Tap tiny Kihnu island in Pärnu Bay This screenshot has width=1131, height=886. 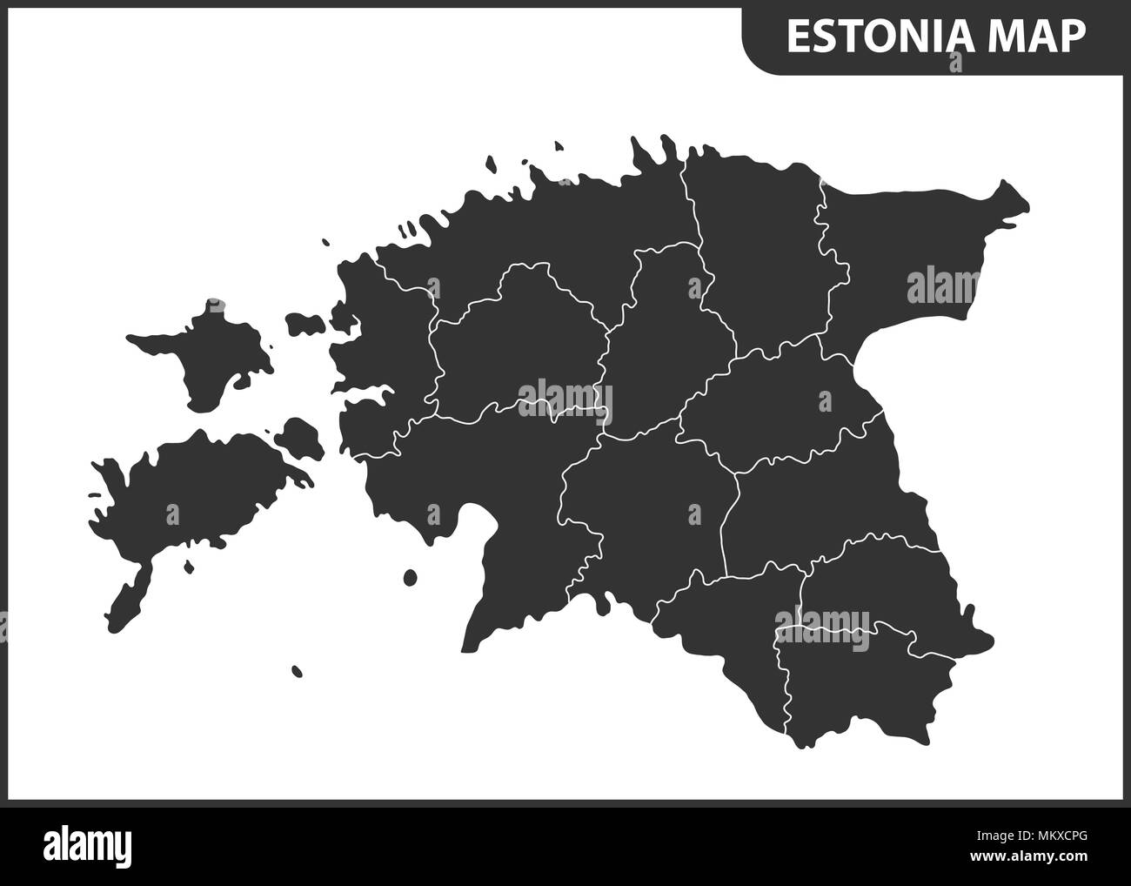[x=410, y=576]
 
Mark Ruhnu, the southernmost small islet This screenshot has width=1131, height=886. [x=297, y=671]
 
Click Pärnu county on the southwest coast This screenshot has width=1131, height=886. [x=487, y=487]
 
